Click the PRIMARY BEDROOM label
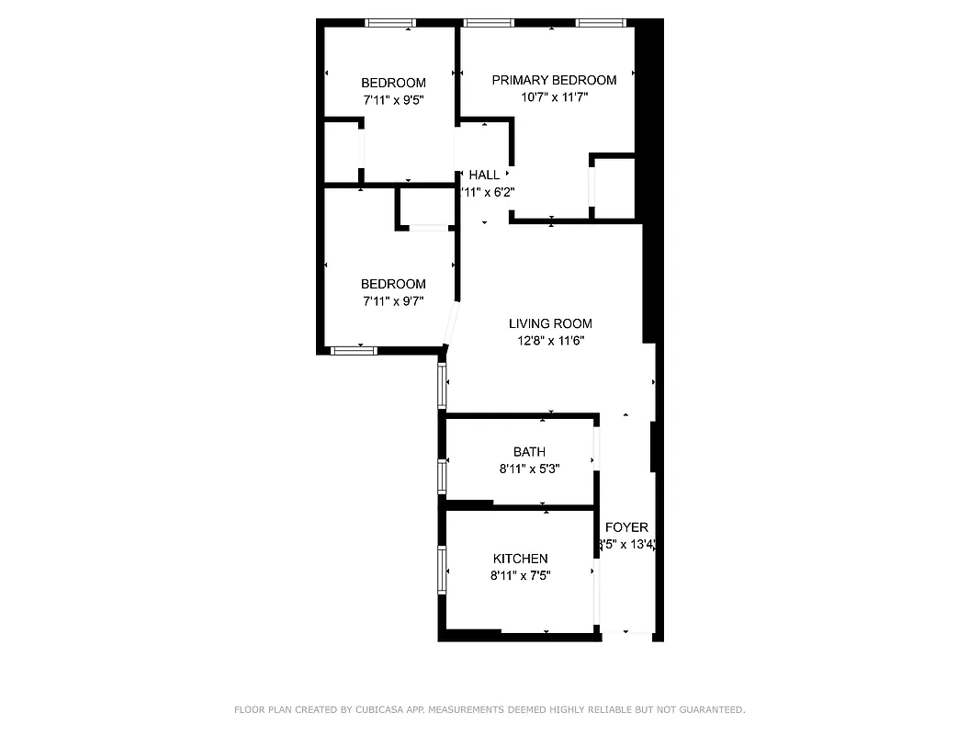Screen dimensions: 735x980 click(554, 80)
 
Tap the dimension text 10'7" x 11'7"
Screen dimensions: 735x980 click(554, 96)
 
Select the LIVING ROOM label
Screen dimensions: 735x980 click(550, 323)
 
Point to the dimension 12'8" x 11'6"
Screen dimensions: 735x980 click(550, 340)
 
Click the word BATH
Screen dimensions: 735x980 click(529, 451)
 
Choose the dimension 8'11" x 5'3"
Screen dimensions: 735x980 click(529, 468)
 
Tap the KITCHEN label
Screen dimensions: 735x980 click(520, 559)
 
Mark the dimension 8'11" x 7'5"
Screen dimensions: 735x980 click(520, 575)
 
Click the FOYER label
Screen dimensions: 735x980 click(627, 527)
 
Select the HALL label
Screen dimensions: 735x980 click(484, 175)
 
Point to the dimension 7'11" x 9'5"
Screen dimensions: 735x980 click(393, 99)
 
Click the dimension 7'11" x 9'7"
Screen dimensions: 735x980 click(393, 300)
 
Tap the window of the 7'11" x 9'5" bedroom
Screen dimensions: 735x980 click(390, 23)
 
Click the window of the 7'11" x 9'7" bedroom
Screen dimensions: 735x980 click(354, 350)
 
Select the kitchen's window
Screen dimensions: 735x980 click(442, 570)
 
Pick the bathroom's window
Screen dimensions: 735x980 click(442, 477)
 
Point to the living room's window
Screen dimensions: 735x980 click(442, 386)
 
